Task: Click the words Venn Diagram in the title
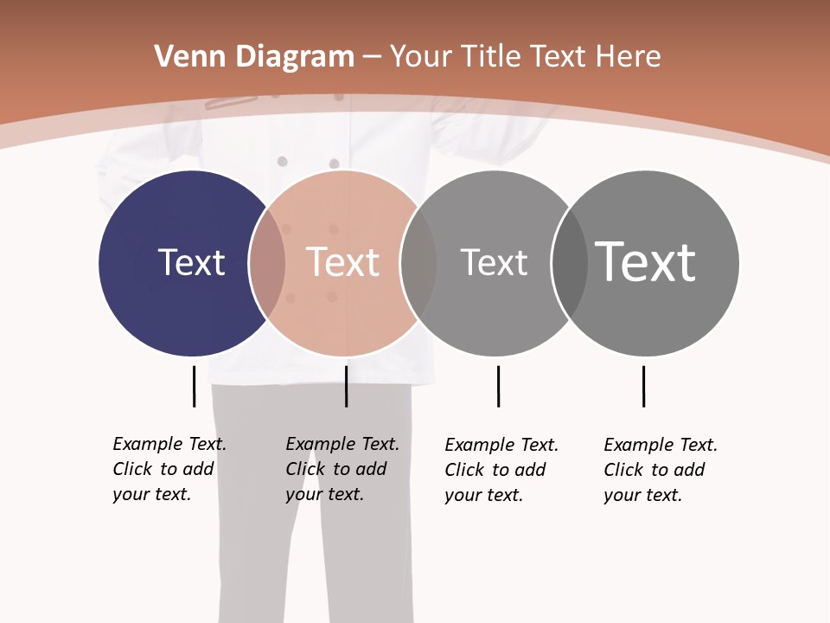click(254, 57)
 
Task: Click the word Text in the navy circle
click(191, 262)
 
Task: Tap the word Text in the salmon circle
click(342, 262)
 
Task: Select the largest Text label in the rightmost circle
click(645, 261)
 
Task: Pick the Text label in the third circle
click(494, 262)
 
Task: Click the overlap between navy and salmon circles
click(267, 263)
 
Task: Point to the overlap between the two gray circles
click(570, 263)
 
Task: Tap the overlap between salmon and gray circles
click(418, 263)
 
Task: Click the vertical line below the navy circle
click(194, 386)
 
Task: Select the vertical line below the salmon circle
click(346, 386)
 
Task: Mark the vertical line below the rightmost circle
click(643, 386)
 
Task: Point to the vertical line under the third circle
click(498, 386)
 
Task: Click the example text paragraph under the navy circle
click(169, 469)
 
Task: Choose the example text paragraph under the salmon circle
click(342, 469)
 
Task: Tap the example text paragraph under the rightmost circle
click(661, 470)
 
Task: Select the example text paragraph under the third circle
click(501, 470)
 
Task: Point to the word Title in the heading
click(494, 57)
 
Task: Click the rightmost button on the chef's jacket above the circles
click(334, 163)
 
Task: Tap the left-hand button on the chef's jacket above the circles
click(282, 161)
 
